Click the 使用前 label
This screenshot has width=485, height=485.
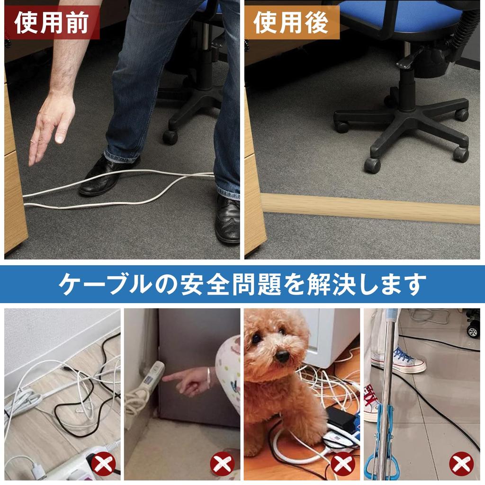click(52, 23)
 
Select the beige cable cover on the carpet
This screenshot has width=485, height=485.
click(369, 207)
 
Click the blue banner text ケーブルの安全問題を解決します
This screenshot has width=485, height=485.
click(242, 284)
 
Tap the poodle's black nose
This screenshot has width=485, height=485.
click(282, 356)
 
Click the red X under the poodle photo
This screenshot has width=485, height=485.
click(342, 464)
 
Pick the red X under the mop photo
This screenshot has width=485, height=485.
click(462, 464)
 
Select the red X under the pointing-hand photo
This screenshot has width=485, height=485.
click(222, 464)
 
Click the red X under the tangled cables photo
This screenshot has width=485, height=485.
click(103, 464)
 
